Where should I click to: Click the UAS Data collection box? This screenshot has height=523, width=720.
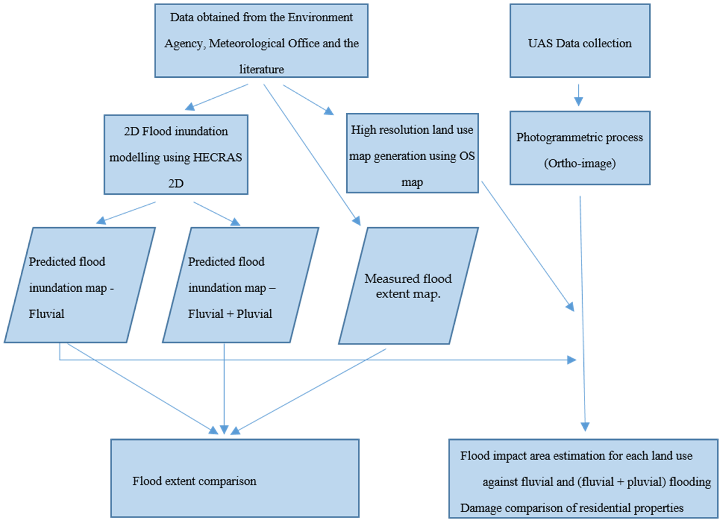580,41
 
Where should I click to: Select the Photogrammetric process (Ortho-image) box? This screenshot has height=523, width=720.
580,148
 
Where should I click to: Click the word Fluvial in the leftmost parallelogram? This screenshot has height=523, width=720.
46,314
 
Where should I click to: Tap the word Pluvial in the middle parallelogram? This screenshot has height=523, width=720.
254,314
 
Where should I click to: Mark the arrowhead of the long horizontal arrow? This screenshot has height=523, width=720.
571,360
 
